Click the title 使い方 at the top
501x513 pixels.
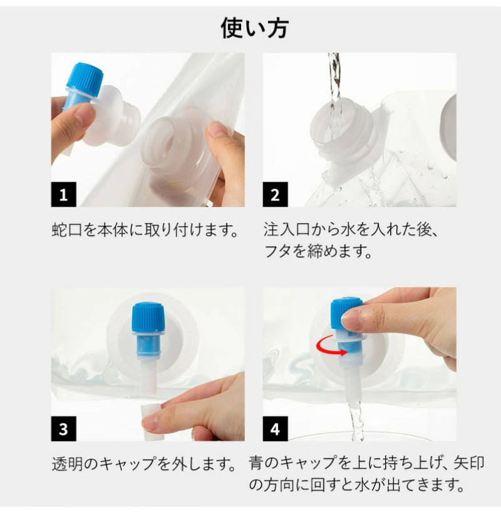254,28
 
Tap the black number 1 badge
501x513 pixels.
63,194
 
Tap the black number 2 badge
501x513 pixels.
276,194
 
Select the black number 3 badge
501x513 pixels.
63,428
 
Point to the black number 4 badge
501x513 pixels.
276,428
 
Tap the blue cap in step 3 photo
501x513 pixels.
148,318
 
